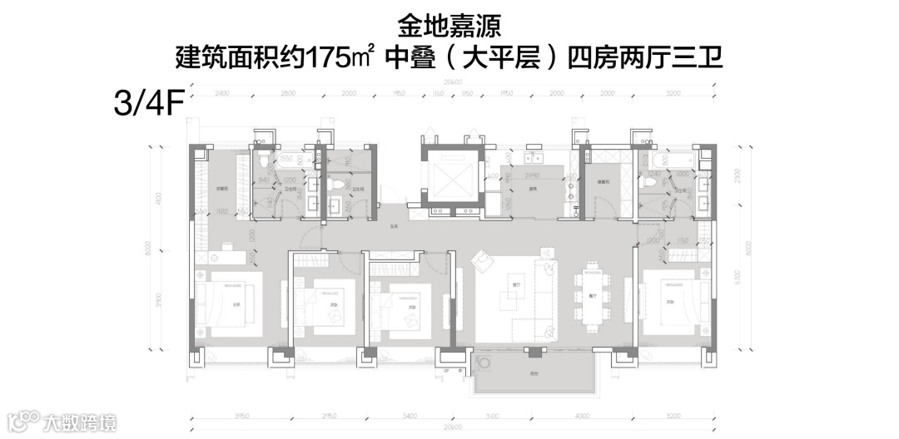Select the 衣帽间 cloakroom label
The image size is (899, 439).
point(223,188)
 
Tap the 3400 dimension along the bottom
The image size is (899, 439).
point(408,415)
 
